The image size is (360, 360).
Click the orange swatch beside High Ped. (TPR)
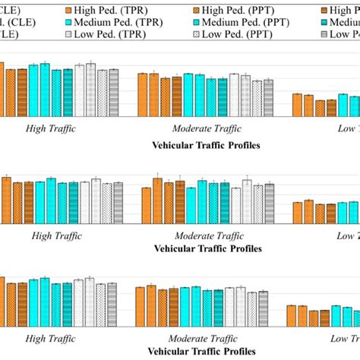[x=70, y=10]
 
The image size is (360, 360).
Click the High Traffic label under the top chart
[x=51, y=130]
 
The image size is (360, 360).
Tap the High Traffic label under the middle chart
[x=56, y=235]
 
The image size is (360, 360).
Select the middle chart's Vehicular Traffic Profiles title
[x=207, y=248]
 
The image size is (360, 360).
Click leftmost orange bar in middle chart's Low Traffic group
[x=298, y=214]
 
